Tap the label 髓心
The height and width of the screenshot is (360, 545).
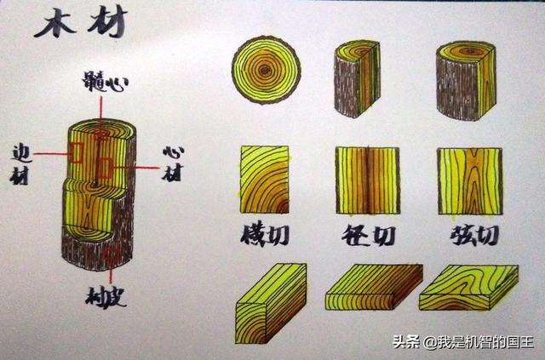pyautogui.click(x=106, y=82)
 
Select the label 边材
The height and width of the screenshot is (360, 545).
pyautogui.click(x=21, y=164)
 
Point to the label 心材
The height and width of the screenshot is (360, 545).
pyautogui.click(x=173, y=163)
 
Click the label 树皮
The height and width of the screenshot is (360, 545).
pyautogui.click(x=106, y=297)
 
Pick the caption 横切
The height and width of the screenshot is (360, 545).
pyautogui.click(x=265, y=235)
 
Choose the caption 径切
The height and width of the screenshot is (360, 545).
pyautogui.click(x=369, y=235)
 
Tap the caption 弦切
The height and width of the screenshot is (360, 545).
pyautogui.click(x=475, y=235)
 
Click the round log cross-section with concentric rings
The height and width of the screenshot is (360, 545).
pyautogui.click(x=267, y=70)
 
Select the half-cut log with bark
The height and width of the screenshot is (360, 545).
pyautogui.click(x=357, y=78)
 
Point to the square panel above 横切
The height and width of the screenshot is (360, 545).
pyautogui.click(x=265, y=180)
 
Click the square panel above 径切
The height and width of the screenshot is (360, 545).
pyautogui.click(x=368, y=180)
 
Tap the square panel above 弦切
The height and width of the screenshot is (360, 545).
pyautogui.click(x=470, y=181)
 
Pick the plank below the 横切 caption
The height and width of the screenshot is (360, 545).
pyautogui.click(x=271, y=303)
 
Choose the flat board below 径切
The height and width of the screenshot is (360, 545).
pyautogui.click(x=374, y=287)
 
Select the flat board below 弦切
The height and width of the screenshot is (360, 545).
pyautogui.click(x=468, y=288)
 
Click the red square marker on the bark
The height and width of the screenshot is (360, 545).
pyautogui.click(x=112, y=255)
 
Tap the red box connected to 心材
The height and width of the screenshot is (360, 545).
pyautogui.click(x=104, y=168)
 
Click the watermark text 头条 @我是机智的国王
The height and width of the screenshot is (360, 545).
pyautogui.click(x=463, y=342)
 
